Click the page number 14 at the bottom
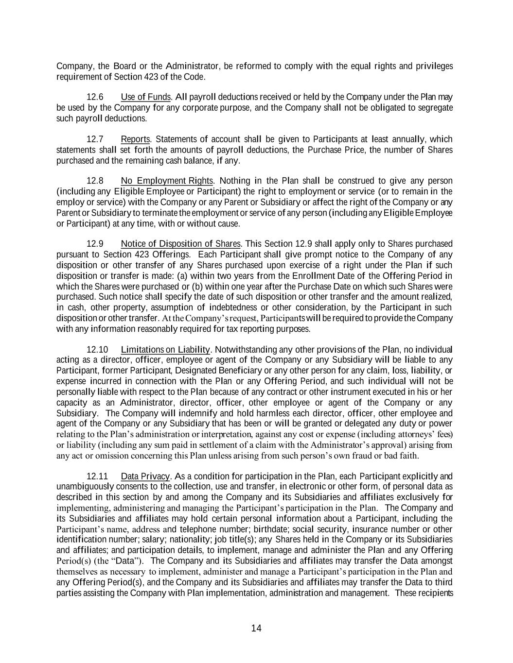(x=256, y=629)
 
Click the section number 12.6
(x=95, y=97)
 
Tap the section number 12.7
(x=95, y=139)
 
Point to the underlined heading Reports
(x=136, y=139)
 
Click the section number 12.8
(x=95, y=181)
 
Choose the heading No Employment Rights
(x=167, y=181)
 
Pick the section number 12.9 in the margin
(x=95, y=244)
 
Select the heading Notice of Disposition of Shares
(x=180, y=244)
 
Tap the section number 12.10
(x=97, y=350)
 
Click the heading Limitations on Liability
(x=165, y=350)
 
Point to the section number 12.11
(x=97, y=476)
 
